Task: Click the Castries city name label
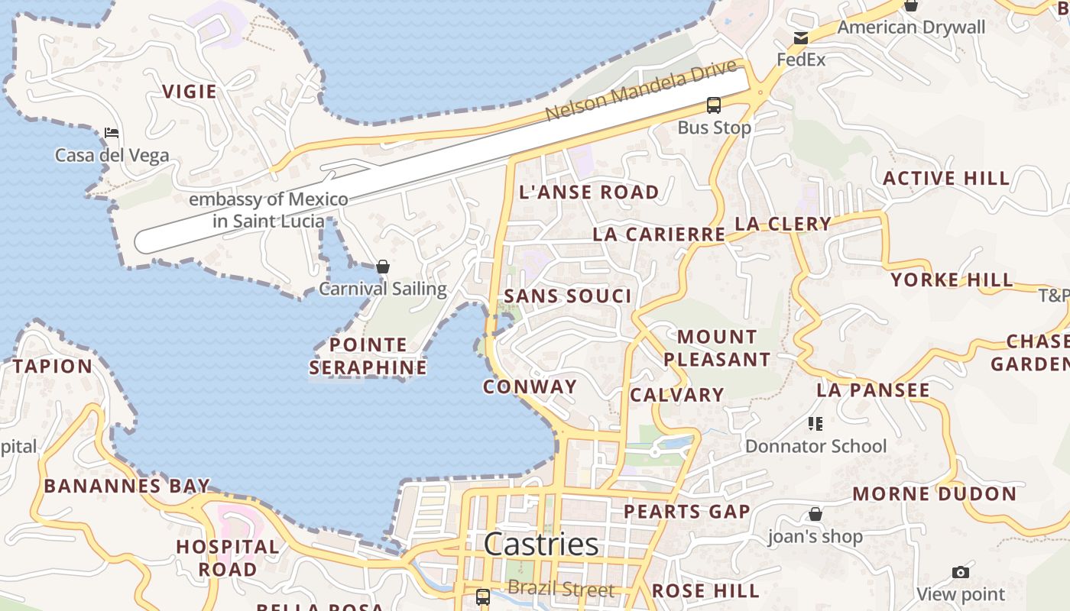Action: pos(541,544)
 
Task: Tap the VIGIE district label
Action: pos(189,92)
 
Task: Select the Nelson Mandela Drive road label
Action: pos(640,89)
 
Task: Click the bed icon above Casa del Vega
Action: pos(112,133)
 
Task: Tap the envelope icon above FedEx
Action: pos(800,38)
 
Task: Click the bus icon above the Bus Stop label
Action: pos(713,105)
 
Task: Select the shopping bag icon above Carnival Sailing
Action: pos(383,267)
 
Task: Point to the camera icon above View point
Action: pos(961,572)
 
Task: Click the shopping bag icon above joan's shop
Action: pos(815,514)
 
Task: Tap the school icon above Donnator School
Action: pos(815,424)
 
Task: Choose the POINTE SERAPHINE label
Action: pos(368,356)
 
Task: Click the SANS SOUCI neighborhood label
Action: pos(568,296)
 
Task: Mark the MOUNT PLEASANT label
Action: pos(717,348)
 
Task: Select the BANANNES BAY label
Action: pos(127,486)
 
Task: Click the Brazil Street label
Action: pos(561,590)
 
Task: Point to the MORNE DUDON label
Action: pos(935,493)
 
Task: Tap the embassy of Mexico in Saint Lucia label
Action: pos(268,210)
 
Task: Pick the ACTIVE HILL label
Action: pos(946,179)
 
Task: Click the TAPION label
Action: pos(52,366)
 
